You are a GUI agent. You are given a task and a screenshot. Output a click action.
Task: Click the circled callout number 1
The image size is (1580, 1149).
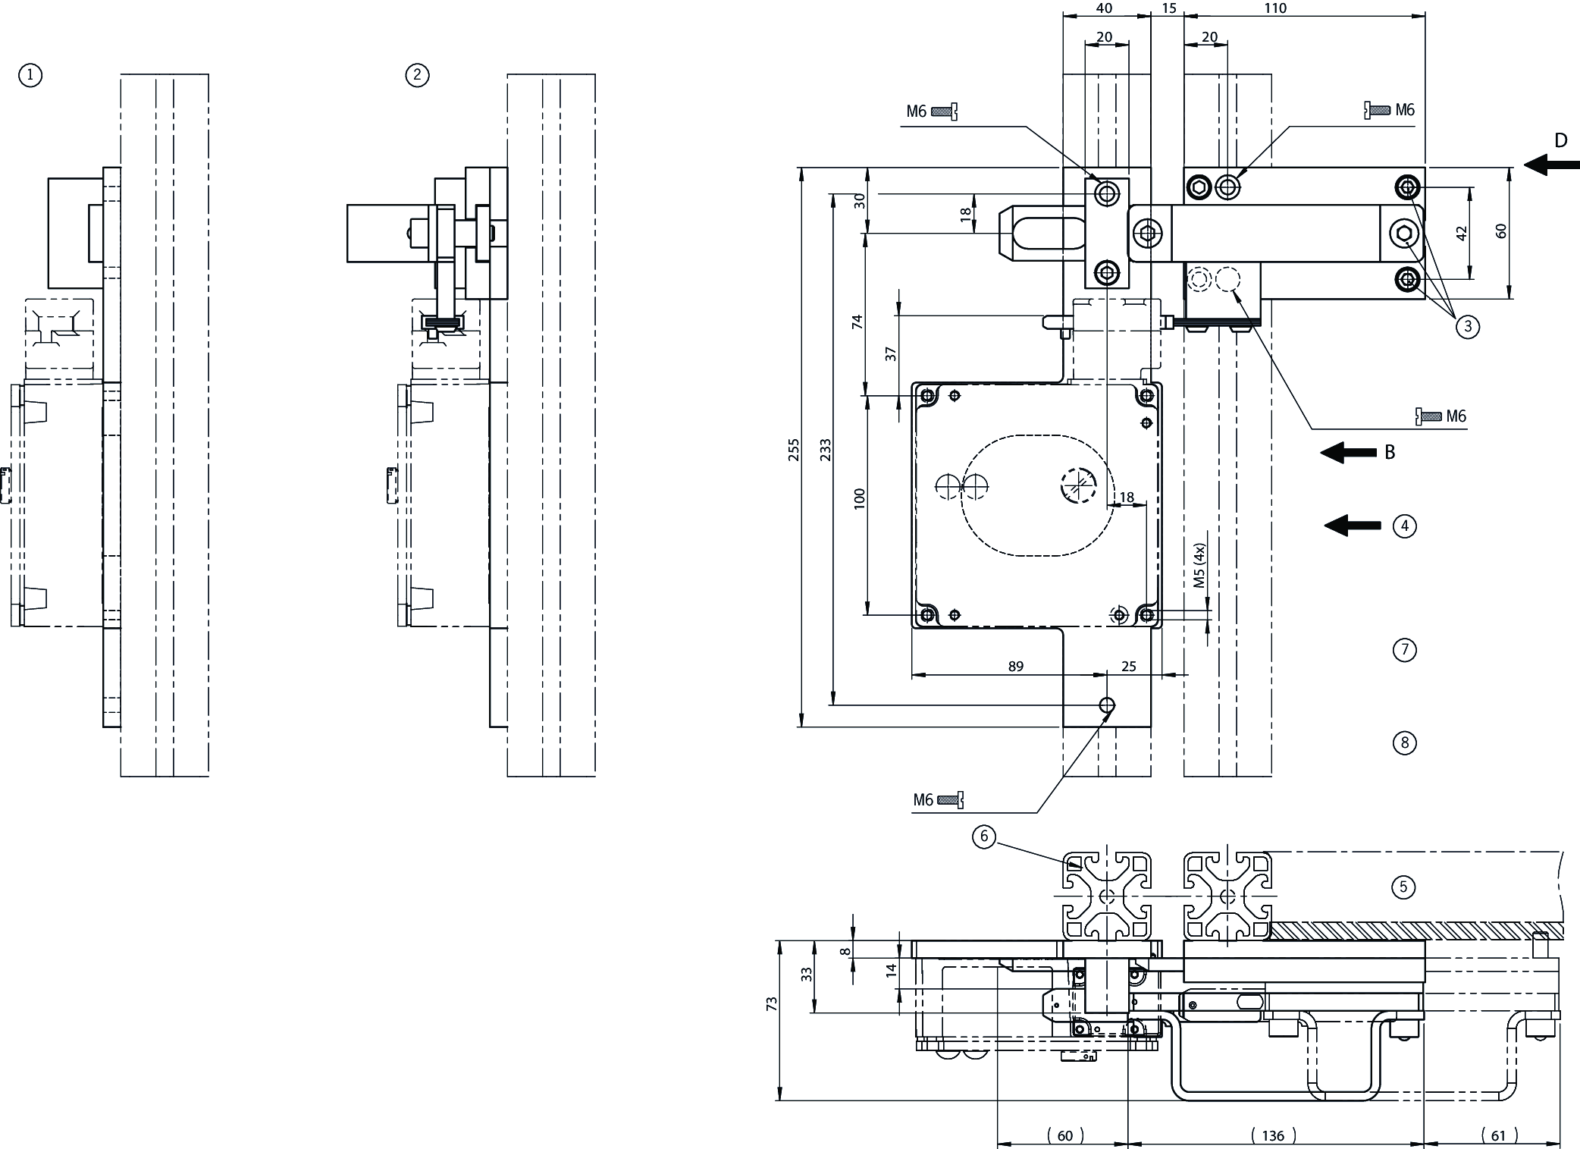(x=30, y=75)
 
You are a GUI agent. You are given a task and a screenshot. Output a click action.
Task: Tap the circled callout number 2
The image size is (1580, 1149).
(x=417, y=75)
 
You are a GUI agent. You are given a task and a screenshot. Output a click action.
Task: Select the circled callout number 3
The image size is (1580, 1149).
(x=1467, y=327)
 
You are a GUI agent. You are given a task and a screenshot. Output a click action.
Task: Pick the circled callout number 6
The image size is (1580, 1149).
(x=984, y=837)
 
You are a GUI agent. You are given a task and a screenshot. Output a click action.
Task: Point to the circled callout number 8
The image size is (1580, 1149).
(x=1404, y=742)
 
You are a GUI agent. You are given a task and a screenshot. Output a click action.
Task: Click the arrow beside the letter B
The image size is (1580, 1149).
(x=1348, y=453)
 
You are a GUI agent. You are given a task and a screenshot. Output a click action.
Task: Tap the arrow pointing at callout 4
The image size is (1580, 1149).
(x=1353, y=525)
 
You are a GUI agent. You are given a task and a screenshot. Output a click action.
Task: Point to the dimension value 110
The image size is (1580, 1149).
(x=1296, y=8)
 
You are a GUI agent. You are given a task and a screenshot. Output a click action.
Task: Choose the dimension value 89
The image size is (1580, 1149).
(x=1016, y=666)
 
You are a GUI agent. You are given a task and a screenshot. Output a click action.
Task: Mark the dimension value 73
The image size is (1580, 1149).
(x=772, y=1003)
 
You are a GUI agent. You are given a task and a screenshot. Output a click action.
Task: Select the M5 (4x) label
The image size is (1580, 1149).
(x=1199, y=566)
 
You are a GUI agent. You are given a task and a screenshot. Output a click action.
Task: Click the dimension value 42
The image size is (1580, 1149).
(x=1462, y=233)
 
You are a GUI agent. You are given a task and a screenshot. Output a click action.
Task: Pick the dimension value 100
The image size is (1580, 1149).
(x=859, y=498)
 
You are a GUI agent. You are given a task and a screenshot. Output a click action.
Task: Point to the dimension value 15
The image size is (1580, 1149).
(x=1168, y=8)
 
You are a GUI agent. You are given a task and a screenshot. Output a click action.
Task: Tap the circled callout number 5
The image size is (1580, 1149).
(x=1403, y=887)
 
